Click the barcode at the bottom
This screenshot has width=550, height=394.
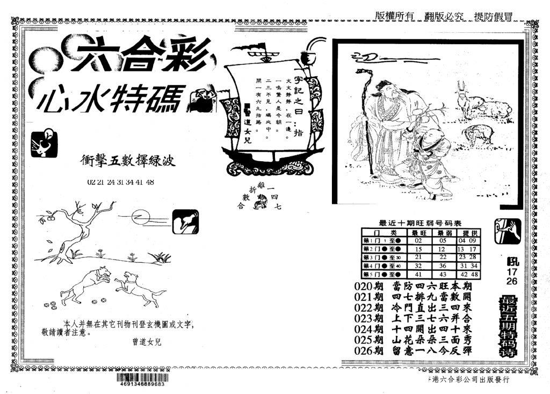[x=140, y=379]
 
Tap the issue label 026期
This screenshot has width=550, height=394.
[x=369, y=350]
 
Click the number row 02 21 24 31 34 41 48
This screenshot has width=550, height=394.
[x=120, y=182]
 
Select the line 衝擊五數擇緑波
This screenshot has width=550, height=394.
[x=127, y=160]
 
